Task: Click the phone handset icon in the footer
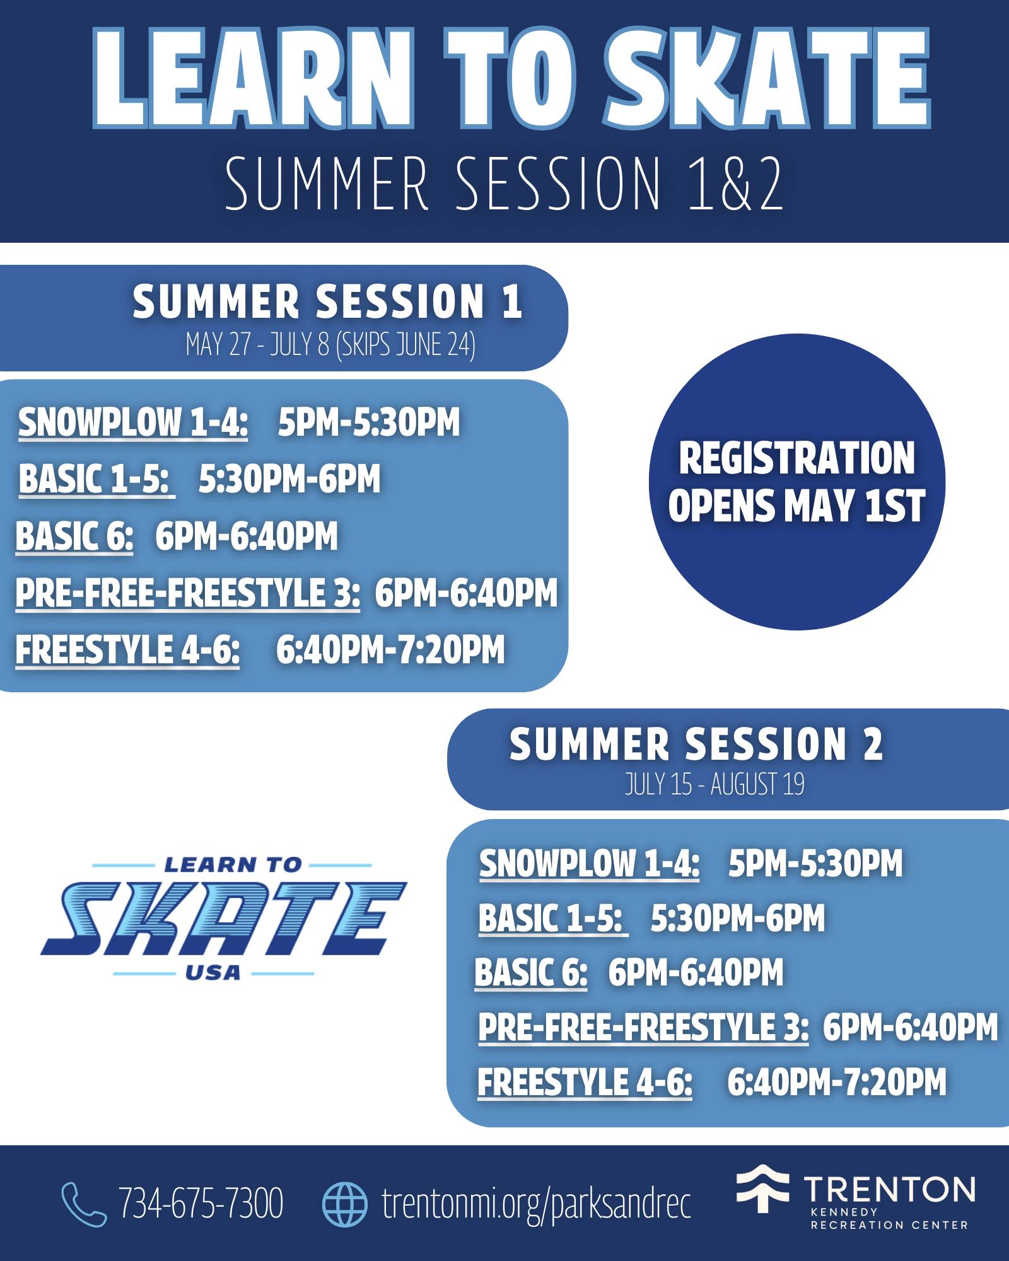(x=84, y=1204)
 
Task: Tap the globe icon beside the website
(x=344, y=1204)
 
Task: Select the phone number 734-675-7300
(x=201, y=1204)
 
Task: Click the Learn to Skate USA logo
(x=224, y=918)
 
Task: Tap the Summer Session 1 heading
(x=327, y=301)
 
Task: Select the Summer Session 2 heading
(x=696, y=744)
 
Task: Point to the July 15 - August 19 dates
(x=714, y=784)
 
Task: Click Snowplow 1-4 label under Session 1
(x=133, y=422)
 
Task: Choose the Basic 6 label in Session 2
(x=531, y=972)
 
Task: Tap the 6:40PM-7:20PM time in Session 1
(x=390, y=649)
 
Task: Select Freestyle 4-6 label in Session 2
(x=585, y=1083)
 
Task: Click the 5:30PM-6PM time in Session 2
(x=738, y=917)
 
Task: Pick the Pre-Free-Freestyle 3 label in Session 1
(x=188, y=593)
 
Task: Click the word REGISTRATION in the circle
(x=796, y=458)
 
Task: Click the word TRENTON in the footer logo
(x=890, y=1189)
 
